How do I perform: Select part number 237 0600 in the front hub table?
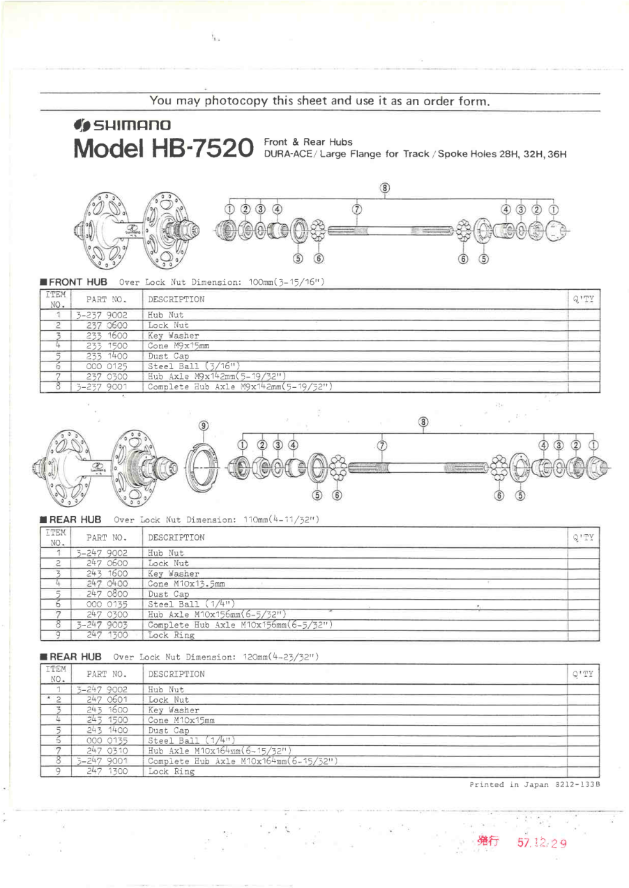point(107,325)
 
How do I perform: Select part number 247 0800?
point(107,593)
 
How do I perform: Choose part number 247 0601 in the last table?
point(107,700)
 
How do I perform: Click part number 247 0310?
point(107,750)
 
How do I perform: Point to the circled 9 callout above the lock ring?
point(204,425)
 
